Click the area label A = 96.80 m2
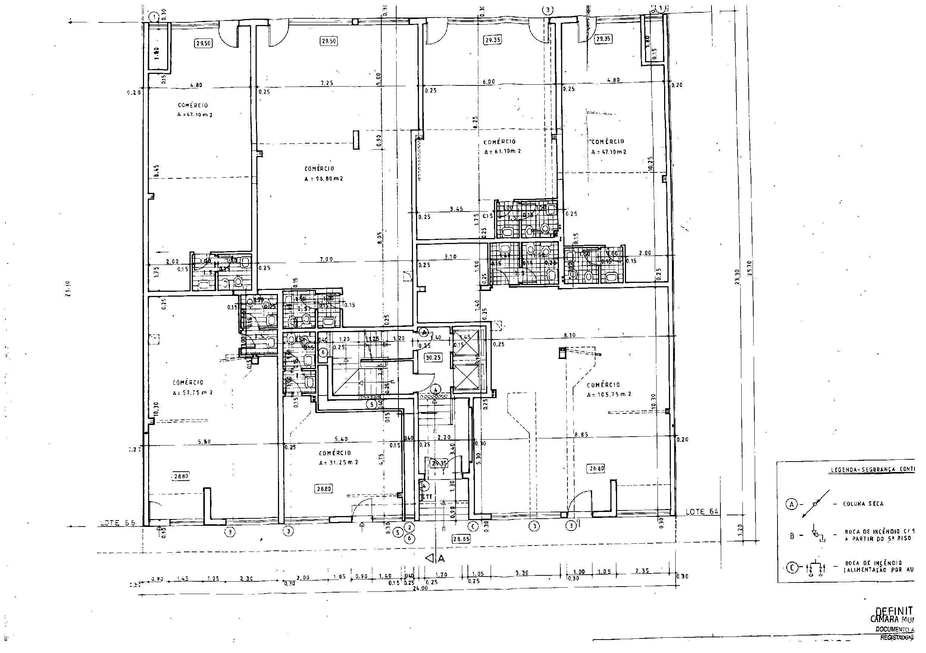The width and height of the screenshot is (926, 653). (324, 179)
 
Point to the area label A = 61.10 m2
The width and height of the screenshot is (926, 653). (503, 151)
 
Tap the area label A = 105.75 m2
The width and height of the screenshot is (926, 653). (609, 395)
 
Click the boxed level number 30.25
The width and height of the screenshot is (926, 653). (433, 357)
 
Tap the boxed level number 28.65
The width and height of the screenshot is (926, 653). (461, 538)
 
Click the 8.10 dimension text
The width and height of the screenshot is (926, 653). (570, 335)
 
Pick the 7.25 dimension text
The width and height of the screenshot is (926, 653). (327, 83)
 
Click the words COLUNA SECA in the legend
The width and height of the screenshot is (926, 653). (863, 504)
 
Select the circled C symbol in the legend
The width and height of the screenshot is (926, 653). (792, 568)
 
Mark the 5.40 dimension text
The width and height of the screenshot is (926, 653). (341, 439)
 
